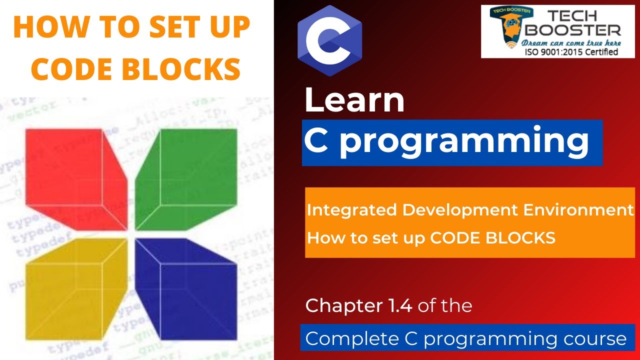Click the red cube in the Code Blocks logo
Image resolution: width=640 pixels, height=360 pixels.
(x=75, y=177)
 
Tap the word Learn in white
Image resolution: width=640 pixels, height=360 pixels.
(x=354, y=100)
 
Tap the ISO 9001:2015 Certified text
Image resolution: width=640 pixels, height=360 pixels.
(x=571, y=51)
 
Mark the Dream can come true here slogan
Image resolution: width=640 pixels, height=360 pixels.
(x=571, y=42)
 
